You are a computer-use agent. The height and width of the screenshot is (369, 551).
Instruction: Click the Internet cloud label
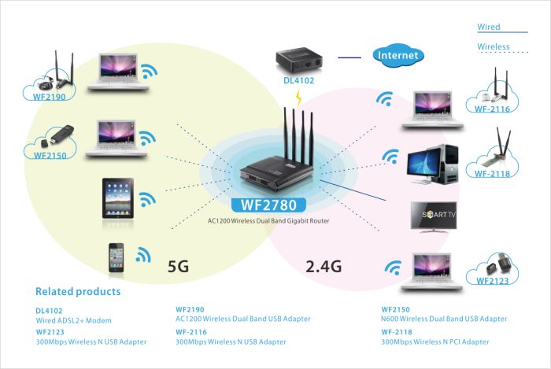point(398,56)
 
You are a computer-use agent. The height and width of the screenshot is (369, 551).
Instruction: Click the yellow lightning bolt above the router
point(298,98)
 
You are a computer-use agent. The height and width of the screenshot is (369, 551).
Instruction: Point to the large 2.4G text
point(324,266)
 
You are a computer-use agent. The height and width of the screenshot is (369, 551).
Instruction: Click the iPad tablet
point(116,197)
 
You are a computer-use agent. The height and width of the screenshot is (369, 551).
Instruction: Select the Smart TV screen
point(435,214)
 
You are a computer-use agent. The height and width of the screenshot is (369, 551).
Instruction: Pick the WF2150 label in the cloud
point(50,156)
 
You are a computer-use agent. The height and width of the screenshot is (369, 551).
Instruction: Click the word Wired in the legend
point(488,28)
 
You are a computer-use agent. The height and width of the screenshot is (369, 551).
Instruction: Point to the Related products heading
point(78,292)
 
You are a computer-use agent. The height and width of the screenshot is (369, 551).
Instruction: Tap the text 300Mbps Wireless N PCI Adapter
point(435,342)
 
